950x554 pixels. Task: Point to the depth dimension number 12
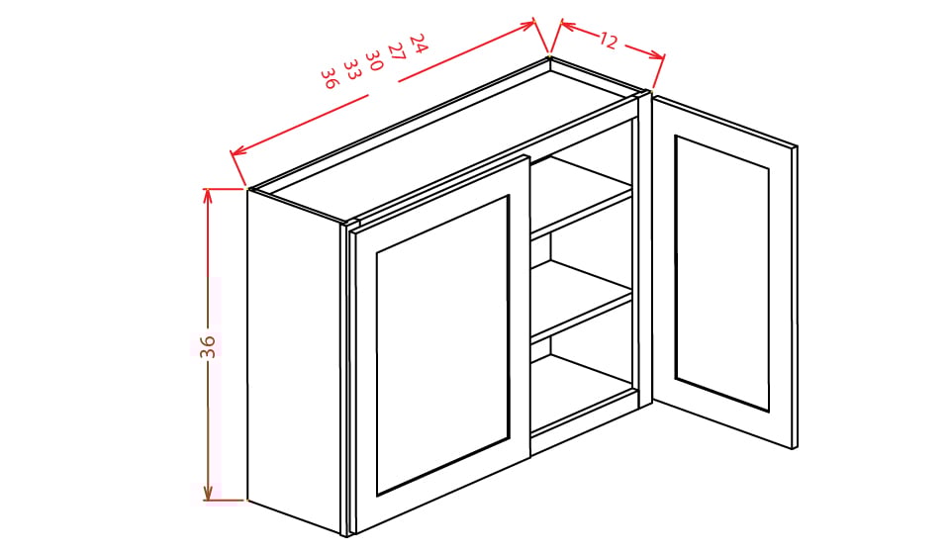coord(608,42)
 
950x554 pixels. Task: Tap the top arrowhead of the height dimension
coord(208,194)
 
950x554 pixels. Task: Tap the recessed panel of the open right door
coord(721,271)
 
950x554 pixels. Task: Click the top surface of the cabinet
coord(445,138)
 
